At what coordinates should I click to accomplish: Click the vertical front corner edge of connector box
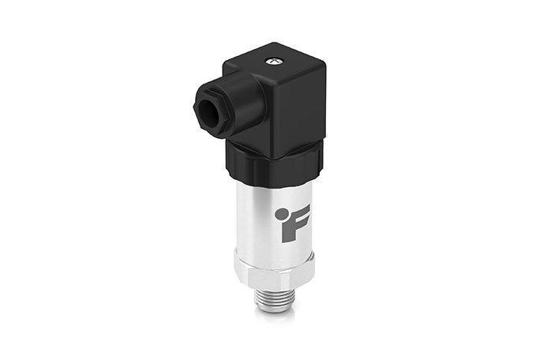coord(268,118)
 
